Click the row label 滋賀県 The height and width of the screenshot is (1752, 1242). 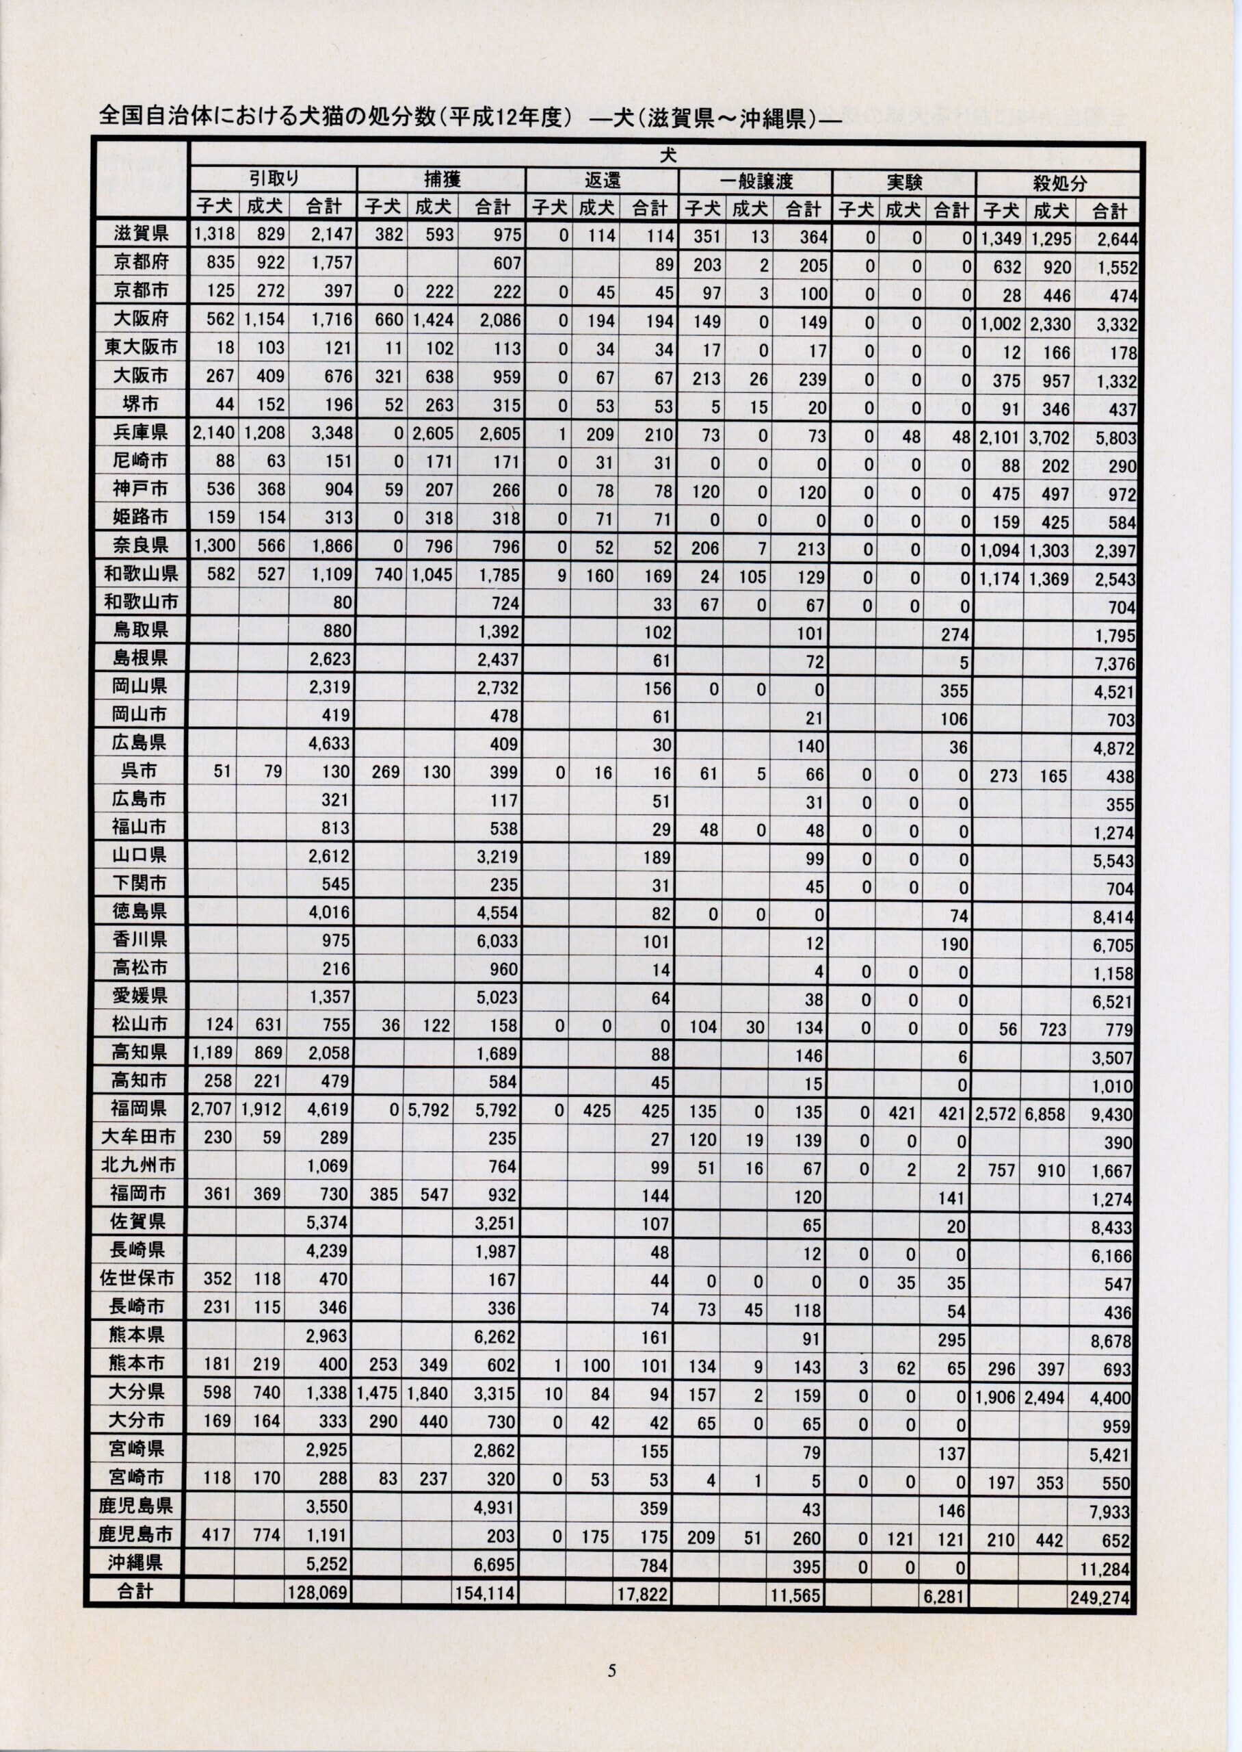tap(140, 234)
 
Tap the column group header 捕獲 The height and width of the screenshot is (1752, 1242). tap(442, 181)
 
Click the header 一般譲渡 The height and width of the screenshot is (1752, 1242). tap(756, 182)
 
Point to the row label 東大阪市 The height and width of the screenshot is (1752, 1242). tap(140, 348)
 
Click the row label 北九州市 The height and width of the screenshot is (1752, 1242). tap(137, 1165)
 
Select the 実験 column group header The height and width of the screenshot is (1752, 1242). tap(905, 183)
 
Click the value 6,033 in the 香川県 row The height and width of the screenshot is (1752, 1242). tap(497, 941)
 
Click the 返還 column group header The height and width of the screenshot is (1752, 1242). tap(603, 181)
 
